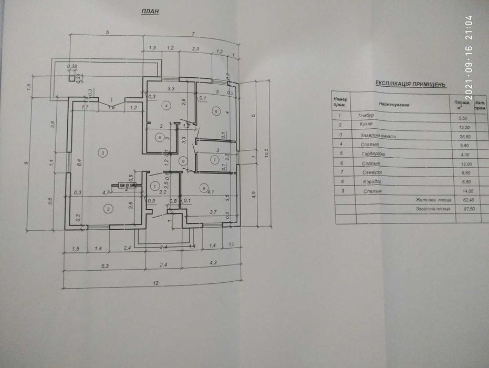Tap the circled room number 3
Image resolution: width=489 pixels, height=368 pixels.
(x=103, y=152)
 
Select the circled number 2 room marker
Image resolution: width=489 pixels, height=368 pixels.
(x=108, y=209)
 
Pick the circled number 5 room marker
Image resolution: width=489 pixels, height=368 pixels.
(x=161, y=137)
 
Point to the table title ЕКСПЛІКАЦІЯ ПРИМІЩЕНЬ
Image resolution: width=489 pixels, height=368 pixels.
(x=411, y=84)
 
